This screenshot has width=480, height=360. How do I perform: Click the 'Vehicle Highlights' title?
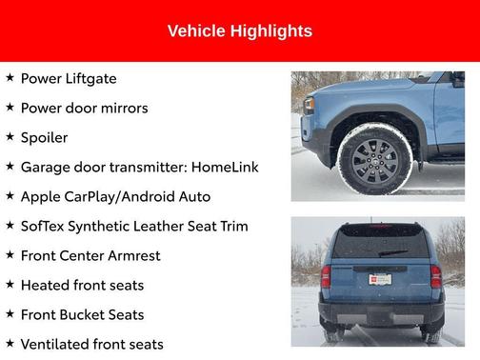click(x=239, y=31)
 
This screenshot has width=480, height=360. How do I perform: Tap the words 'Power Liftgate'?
click(x=69, y=78)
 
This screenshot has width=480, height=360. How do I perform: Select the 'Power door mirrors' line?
click(x=84, y=108)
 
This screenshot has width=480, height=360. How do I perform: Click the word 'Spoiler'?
click(x=44, y=137)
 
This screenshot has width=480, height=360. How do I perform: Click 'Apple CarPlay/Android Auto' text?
click(x=115, y=196)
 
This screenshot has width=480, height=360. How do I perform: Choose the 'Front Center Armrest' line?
click(x=90, y=255)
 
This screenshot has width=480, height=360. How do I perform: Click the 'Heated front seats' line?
click(x=82, y=285)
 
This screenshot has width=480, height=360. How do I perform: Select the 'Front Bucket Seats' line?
click(x=82, y=314)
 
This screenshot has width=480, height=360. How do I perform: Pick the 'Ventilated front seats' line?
click(x=91, y=344)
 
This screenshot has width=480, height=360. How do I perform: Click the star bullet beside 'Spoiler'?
click(x=10, y=136)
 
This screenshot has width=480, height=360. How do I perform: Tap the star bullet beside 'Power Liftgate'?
click(x=10, y=77)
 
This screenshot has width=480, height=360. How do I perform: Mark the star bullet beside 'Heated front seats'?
click(x=10, y=284)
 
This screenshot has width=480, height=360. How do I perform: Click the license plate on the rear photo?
click(x=380, y=279)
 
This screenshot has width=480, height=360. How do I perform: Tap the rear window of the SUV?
click(x=380, y=242)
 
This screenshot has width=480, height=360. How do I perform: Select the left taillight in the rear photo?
click(x=326, y=276)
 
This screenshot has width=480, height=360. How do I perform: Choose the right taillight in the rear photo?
click(x=435, y=276)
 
